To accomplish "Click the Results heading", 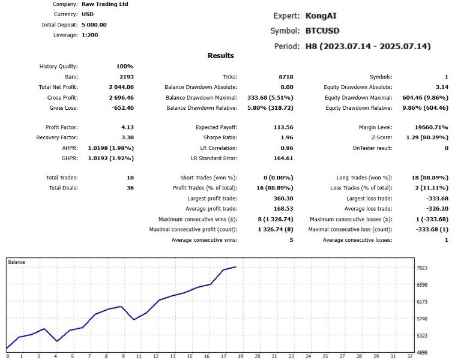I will [x=221, y=56].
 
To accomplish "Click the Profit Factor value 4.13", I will [x=127, y=127].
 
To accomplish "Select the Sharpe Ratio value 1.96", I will [x=286, y=137].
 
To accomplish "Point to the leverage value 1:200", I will [x=89, y=35].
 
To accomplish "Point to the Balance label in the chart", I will [x=17, y=263].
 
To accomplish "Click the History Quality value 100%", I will [x=125, y=67].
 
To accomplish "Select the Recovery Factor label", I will [x=58, y=137].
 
